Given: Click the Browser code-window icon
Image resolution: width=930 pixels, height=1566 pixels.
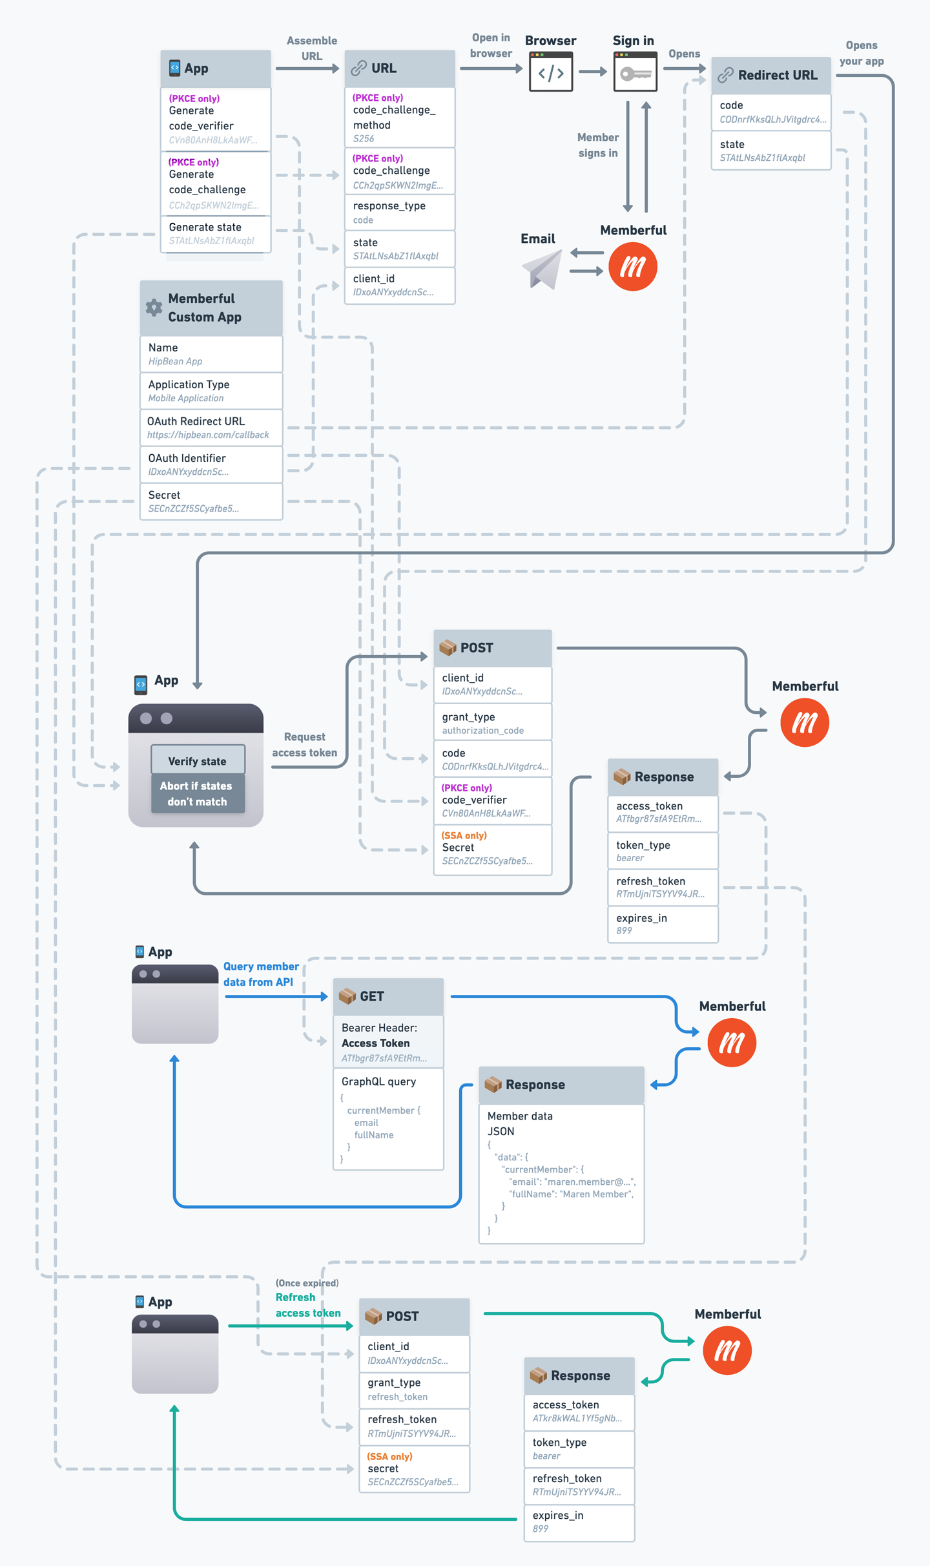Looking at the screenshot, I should [x=550, y=72].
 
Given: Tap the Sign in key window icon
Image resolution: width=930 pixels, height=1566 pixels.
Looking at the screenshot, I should [x=635, y=72].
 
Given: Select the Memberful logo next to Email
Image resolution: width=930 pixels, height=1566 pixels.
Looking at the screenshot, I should [x=632, y=266].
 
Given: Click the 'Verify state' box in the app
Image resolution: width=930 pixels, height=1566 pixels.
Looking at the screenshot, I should [x=198, y=760].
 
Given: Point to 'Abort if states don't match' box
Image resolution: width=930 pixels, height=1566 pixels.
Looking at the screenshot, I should [x=198, y=793].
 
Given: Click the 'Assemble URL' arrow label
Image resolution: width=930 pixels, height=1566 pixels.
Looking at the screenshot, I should [x=311, y=48].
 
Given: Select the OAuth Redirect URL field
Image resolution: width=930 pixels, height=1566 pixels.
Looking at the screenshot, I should [x=211, y=428].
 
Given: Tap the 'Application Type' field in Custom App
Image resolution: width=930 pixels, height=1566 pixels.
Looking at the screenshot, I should [x=211, y=391].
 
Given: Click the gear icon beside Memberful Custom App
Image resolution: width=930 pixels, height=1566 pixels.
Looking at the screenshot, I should [x=154, y=308].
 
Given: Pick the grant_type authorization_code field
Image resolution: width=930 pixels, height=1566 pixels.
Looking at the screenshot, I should [x=492, y=723].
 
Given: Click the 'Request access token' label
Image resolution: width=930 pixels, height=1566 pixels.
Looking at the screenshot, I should [x=304, y=744].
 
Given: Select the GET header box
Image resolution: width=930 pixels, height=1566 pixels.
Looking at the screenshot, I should [x=388, y=996].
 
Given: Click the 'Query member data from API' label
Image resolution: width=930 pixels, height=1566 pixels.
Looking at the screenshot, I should [x=260, y=974].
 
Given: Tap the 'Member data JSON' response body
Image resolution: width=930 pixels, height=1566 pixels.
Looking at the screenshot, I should [x=561, y=1173].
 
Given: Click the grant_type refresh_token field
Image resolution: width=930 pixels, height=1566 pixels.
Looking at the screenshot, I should [x=414, y=1389].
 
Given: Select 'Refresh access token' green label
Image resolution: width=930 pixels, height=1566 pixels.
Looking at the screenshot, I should [x=307, y=1305].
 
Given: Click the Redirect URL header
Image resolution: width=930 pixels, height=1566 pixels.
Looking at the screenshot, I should [x=770, y=75].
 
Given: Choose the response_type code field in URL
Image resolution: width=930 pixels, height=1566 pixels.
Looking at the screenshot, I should [x=399, y=212].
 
